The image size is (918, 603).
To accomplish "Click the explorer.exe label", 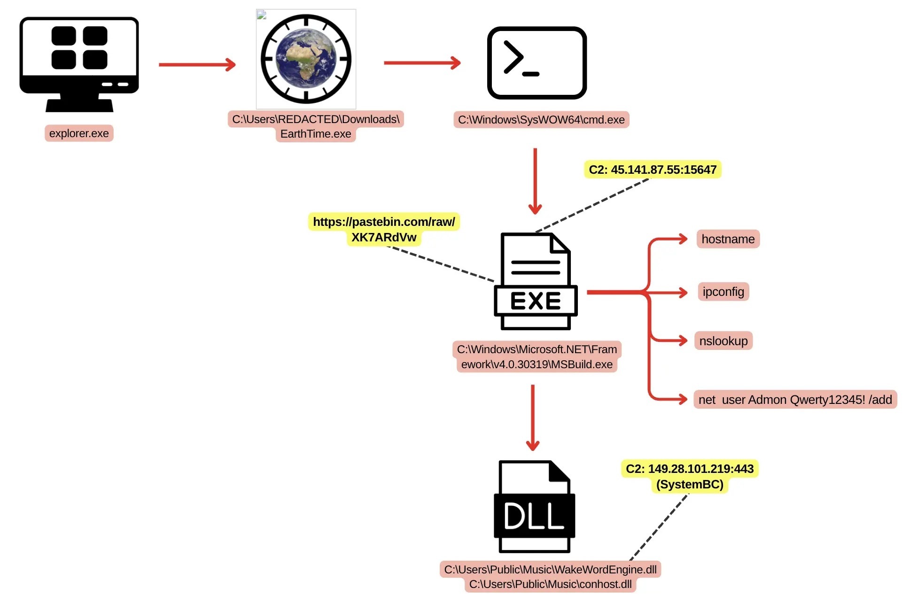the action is [79, 133].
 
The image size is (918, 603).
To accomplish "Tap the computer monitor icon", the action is [79, 64].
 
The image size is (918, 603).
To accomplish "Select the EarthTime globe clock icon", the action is [306, 59].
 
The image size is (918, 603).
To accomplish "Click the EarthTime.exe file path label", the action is [316, 126].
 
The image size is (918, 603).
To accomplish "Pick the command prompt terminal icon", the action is [537, 63].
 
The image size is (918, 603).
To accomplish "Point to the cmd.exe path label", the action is [541, 120].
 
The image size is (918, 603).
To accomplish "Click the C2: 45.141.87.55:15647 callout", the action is [653, 170].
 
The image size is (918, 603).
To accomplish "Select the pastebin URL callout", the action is [384, 229].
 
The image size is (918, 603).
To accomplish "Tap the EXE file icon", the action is [536, 281].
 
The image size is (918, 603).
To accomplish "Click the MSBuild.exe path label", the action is [537, 357].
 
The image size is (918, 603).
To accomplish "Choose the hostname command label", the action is [728, 239].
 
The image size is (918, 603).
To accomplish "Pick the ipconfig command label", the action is [724, 292].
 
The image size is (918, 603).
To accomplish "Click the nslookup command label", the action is [724, 341].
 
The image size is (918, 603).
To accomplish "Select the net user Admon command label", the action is [795, 400].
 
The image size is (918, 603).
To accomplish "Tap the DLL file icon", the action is [535, 506].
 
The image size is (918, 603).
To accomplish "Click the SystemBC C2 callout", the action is [690, 477].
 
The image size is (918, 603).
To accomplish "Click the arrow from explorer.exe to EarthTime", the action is [197, 64].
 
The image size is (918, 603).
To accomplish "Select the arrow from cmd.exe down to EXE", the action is [535, 181].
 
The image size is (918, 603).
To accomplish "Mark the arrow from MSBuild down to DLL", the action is [533, 418].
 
